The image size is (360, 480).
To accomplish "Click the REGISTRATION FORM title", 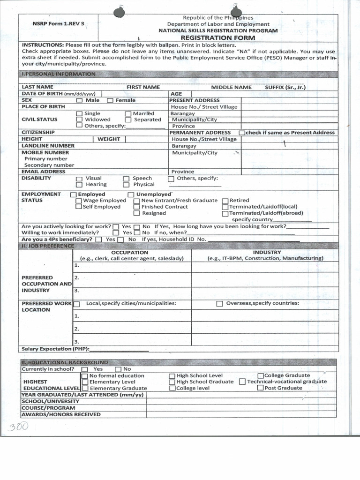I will tap(217, 37).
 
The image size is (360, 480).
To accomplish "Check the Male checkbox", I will tap(79, 100).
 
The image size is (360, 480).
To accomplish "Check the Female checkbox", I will tap(110, 100).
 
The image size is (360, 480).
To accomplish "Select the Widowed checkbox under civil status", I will tap(79, 120).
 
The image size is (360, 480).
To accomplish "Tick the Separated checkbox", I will tap(128, 120).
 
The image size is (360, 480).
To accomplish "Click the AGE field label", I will tap(176, 94).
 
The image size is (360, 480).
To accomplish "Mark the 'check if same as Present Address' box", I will tap(242, 133).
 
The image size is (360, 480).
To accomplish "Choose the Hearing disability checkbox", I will tap(79, 185).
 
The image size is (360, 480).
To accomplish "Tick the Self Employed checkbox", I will tap(79, 207).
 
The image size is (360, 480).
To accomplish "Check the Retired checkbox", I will tap(225, 201).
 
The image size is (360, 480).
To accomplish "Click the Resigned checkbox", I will tap(136, 213).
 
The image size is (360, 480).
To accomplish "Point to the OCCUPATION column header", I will tap(129, 252).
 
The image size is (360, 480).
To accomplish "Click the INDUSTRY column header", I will tap(267, 252).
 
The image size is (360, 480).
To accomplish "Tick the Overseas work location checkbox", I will tap(219, 304).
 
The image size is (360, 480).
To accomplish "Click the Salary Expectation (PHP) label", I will tap(55, 349).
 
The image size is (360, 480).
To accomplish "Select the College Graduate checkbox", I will tap(260, 375).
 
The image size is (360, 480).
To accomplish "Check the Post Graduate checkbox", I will tap(260, 388).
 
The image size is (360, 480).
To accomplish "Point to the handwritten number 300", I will tap(18, 426).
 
